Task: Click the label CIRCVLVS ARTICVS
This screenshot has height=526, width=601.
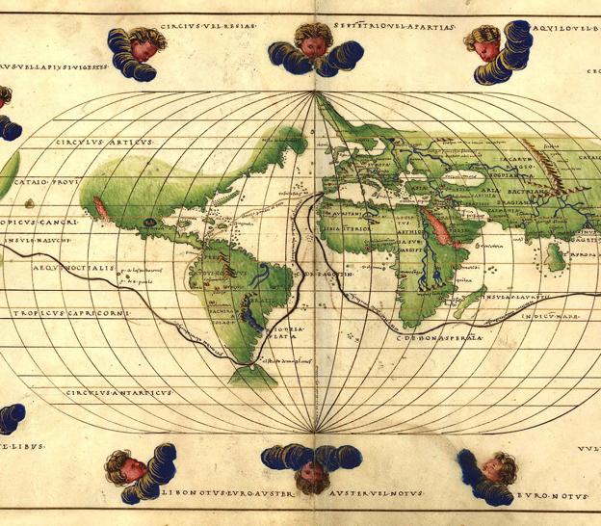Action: pos(105,144)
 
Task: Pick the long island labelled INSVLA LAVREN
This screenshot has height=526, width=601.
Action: pos(464,302)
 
